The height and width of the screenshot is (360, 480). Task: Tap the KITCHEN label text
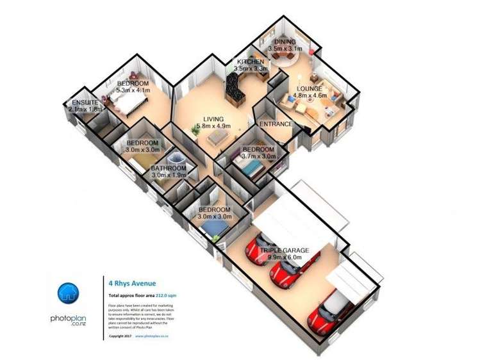pos(251,61)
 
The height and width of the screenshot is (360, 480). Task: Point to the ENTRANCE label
pos(276,124)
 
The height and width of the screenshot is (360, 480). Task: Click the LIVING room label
pos(213,119)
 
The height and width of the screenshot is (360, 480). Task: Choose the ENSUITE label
pos(85,102)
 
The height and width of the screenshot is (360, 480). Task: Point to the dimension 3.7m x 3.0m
pos(258,156)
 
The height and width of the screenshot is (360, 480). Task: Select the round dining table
pos(280,55)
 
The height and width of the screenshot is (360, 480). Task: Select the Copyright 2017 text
pos(120,335)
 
